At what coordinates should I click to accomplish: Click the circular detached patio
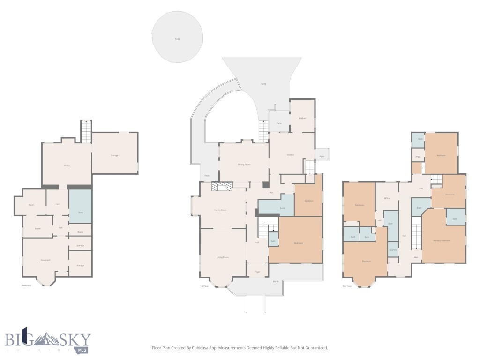(178, 37)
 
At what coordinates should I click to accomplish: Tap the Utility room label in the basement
(67, 165)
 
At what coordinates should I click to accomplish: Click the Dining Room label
(244, 165)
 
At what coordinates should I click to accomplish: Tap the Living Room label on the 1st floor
(223, 257)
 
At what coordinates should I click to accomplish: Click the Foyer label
(257, 272)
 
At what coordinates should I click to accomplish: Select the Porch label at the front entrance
(276, 282)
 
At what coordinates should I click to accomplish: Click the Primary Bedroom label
(442, 240)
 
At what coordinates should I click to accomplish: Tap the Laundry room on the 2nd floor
(393, 250)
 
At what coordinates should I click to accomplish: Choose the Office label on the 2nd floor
(387, 198)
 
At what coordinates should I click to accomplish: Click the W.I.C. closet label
(418, 157)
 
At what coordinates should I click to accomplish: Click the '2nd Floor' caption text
(347, 286)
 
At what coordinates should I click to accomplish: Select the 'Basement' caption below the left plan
(27, 285)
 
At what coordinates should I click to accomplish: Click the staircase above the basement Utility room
(86, 131)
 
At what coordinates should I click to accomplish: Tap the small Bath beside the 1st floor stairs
(273, 241)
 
